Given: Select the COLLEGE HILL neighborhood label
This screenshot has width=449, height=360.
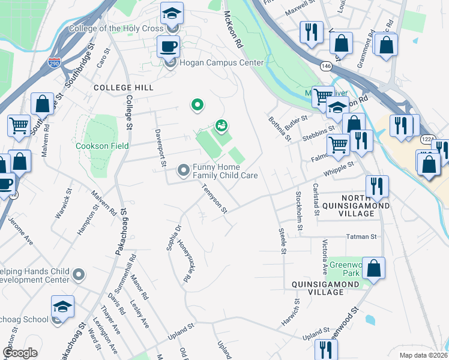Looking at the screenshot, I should click(x=124, y=88).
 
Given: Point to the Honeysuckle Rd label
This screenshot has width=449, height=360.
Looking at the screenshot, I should click(x=190, y=265).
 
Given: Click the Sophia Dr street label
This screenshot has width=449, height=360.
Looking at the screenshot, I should click(x=174, y=238).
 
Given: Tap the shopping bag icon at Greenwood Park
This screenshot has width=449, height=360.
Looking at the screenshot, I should click(x=373, y=269).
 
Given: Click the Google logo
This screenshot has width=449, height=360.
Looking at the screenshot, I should click(x=20, y=353).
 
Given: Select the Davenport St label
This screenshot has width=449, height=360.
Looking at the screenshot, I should click(x=160, y=148).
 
